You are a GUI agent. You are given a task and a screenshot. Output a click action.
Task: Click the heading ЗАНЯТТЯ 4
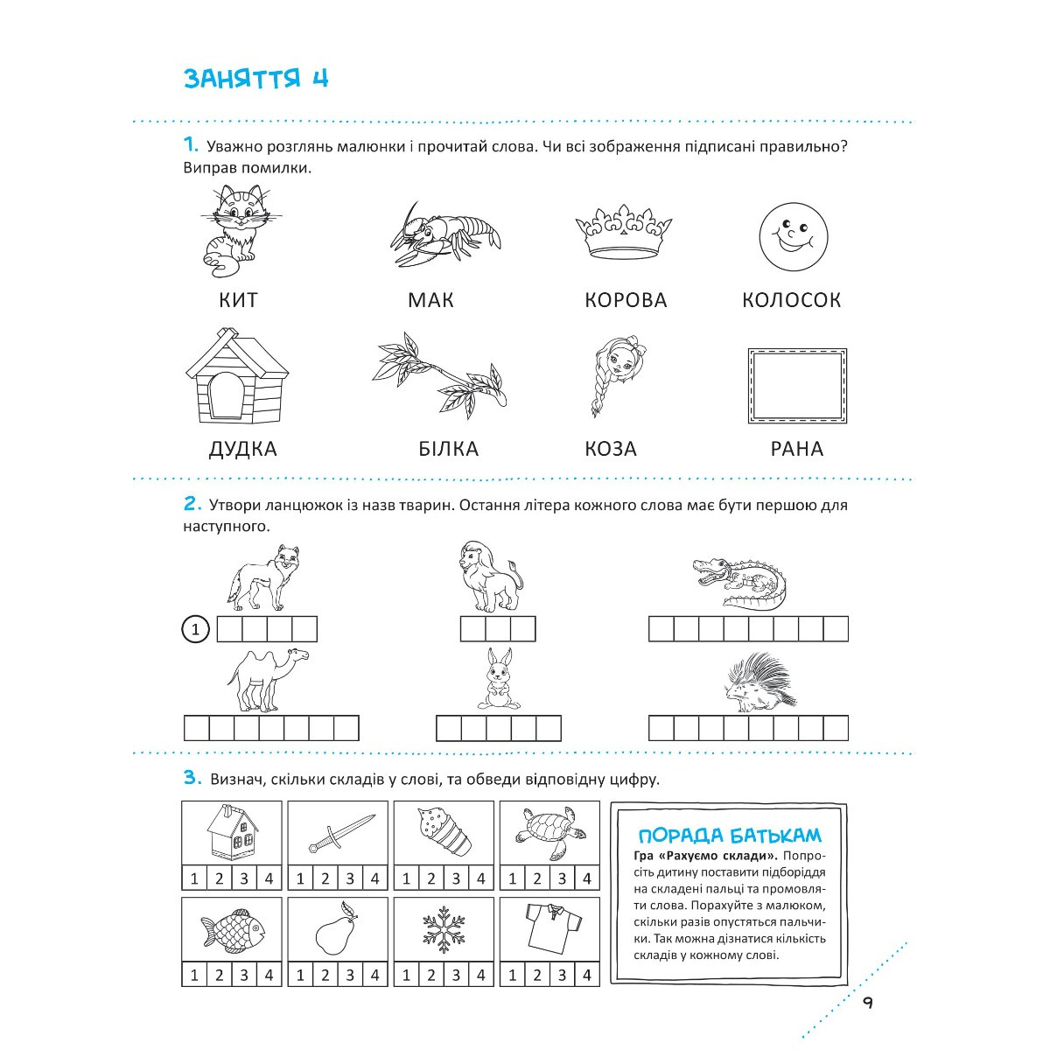[x=255, y=78]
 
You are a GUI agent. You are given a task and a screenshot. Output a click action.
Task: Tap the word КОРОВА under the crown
[x=626, y=300]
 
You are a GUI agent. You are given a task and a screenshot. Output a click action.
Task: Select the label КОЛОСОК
[x=791, y=300]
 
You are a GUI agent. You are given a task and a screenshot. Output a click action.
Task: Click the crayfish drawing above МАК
[x=446, y=233]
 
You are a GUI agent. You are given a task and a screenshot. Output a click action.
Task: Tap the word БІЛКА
[x=449, y=449]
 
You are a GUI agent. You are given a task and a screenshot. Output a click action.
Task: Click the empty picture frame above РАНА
[x=797, y=385]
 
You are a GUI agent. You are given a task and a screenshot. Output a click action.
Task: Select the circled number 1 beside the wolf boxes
[x=195, y=629]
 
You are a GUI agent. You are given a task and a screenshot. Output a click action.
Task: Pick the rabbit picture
[x=498, y=679]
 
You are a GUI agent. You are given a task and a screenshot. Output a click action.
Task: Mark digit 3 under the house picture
[x=244, y=878]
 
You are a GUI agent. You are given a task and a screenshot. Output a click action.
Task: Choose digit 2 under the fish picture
[x=219, y=975]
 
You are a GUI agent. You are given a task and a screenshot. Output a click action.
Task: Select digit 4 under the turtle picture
[x=587, y=878]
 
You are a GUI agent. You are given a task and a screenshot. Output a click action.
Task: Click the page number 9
[x=866, y=1003]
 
